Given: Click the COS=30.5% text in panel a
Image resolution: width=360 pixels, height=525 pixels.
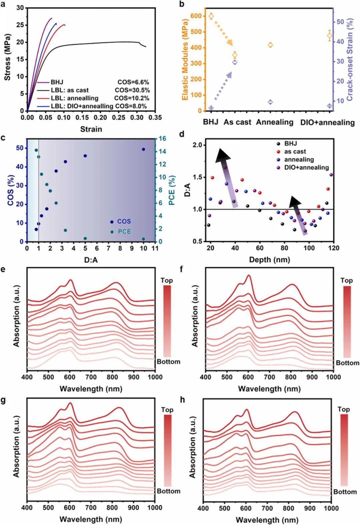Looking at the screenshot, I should [x=132, y=90].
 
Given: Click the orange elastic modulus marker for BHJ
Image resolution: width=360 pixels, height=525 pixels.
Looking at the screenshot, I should [x=211, y=16].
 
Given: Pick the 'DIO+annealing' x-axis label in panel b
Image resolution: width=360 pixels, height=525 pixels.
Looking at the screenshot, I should [x=327, y=122].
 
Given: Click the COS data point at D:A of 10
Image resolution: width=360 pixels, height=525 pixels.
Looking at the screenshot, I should [x=144, y=149].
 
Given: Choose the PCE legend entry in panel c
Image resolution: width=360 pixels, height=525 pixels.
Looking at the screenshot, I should [x=122, y=232].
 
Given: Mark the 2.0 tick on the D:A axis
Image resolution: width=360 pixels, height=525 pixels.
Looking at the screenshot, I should [x=197, y=145].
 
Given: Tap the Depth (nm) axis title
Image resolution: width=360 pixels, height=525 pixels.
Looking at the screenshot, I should [x=269, y=259].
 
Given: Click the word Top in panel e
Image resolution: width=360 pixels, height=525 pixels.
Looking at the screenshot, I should [x=167, y=280].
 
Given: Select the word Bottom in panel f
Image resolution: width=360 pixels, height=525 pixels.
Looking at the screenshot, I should [x=347, y=363].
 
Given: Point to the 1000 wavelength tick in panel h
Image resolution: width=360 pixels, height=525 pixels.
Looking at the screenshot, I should [x=330, y=508].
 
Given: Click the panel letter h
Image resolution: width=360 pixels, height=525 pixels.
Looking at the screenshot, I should [x=182, y=399].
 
